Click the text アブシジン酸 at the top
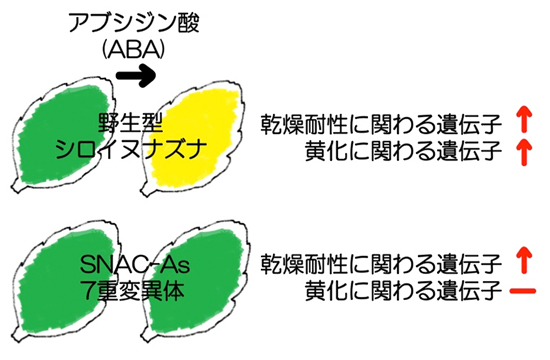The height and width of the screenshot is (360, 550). tap(137, 23)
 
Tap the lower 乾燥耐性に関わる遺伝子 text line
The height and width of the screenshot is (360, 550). tap(380, 264)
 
